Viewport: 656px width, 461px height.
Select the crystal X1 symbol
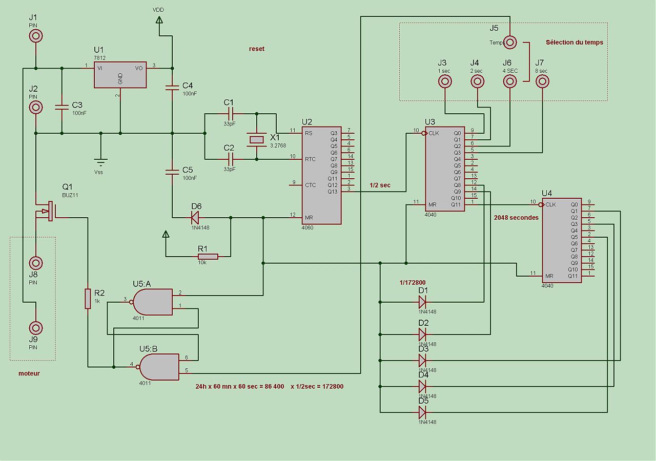click(x=257, y=139)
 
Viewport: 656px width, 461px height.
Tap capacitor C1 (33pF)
click(x=229, y=113)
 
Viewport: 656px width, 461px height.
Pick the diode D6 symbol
click(x=195, y=218)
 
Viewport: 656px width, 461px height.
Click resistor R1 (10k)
click(x=208, y=256)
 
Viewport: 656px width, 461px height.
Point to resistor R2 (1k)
click(x=88, y=299)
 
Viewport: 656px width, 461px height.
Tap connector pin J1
click(x=35, y=35)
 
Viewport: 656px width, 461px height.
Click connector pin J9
click(x=35, y=328)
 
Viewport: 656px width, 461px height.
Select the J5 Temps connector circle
click(x=510, y=42)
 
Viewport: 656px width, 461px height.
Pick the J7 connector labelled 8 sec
click(x=542, y=81)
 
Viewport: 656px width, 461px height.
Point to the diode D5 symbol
click(x=423, y=412)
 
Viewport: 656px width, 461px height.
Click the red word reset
click(x=257, y=49)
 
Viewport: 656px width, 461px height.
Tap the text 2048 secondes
click(x=516, y=218)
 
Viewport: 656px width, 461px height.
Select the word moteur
click(x=29, y=373)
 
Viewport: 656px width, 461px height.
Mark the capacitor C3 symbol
click(x=62, y=107)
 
